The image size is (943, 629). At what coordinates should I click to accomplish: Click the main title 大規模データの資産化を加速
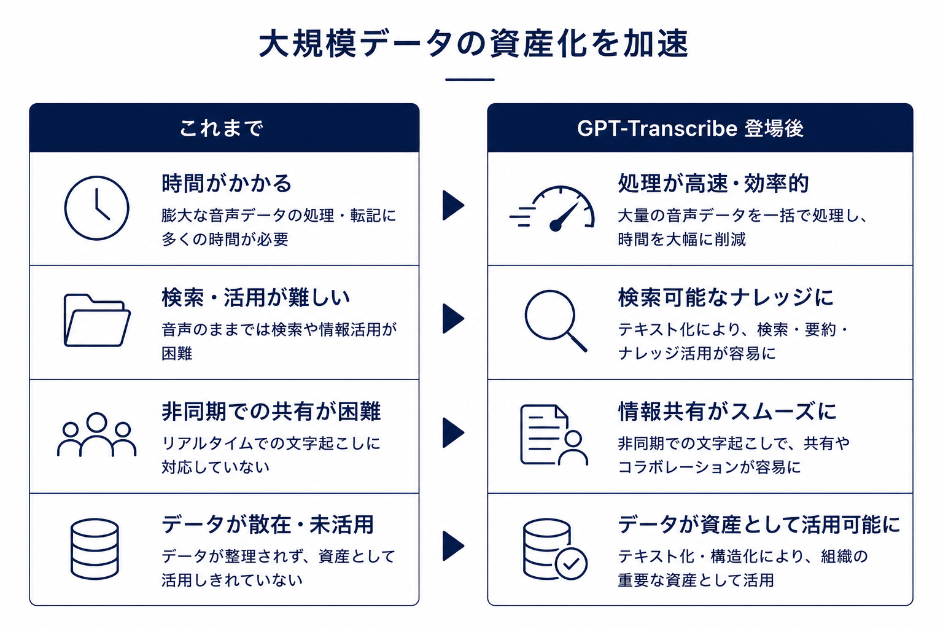[473, 44]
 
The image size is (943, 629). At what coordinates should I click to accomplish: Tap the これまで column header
[222, 128]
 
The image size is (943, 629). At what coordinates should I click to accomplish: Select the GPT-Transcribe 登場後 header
[690, 128]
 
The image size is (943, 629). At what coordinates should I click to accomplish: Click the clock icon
[97, 208]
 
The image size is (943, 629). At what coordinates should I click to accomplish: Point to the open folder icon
[97, 320]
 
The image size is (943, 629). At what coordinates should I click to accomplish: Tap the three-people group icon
[97, 434]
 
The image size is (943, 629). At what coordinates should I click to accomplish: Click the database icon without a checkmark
[95, 549]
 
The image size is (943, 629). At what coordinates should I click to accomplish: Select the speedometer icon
[552, 209]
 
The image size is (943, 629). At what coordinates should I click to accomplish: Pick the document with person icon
[554, 435]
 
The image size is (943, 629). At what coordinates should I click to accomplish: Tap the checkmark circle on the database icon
[571, 564]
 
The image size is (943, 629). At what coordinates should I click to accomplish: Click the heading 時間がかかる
[227, 183]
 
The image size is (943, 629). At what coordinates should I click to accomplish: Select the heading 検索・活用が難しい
[255, 297]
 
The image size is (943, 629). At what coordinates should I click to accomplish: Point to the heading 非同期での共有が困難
[271, 411]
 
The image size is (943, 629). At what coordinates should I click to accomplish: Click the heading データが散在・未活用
[268, 525]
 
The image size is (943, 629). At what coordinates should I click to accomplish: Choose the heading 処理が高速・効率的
[713, 183]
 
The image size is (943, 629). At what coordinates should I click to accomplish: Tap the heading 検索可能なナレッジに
[726, 297]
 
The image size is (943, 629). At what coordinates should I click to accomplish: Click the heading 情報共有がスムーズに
[727, 411]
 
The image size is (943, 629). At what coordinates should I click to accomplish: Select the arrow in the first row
[453, 206]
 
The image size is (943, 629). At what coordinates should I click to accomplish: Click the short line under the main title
[470, 80]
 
